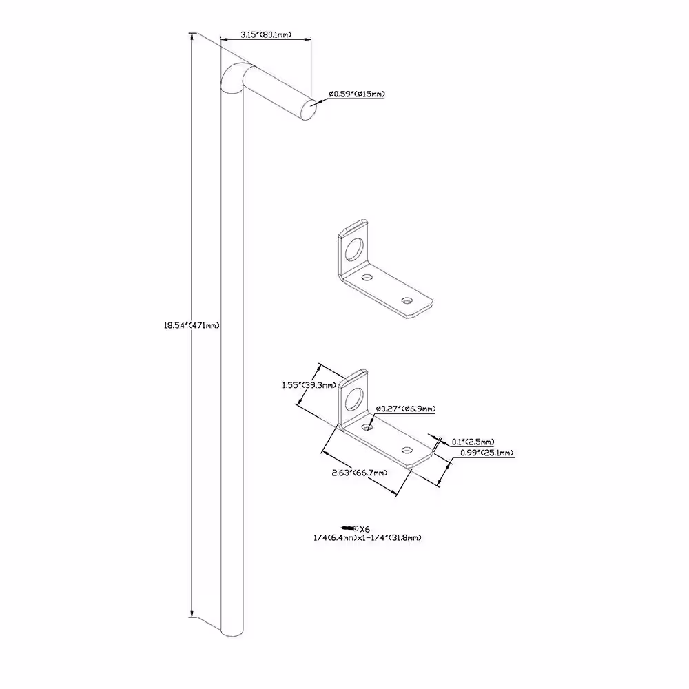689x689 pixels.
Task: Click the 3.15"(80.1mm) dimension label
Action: pyautogui.click(x=266, y=34)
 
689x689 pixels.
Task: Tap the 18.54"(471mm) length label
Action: pyautogui.click(x=192, y=326)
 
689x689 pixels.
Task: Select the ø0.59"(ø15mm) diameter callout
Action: pyautogui.click(x=357, y=94)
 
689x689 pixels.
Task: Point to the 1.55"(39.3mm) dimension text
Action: pyautogui.click(x=309, y=385)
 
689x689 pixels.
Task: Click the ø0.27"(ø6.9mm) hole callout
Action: pyautogui.click(x=406, y=409)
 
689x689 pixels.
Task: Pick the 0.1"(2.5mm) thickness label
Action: pyautogui.click(x=473, y=442)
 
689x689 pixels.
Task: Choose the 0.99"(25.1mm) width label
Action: pyautogui.click(x=487, y=453)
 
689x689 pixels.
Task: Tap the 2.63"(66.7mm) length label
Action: pyautogui.click(x=360, y=473)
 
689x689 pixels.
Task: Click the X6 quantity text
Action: pyautogui.click(x=364, y=529)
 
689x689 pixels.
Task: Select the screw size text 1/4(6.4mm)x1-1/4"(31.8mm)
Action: pyautogui.click(x=367, y=537)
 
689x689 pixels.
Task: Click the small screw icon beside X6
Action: pyautogui.click(x=350, y=528)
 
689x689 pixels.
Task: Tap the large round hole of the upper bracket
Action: pyautogui.click(x=354, y=249)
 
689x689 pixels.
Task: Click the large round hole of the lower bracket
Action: pyautogui.click(x=354, y=399)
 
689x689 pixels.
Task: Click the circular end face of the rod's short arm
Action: pyautogui.click(x=309, y=110)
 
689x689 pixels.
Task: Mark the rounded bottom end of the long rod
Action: pyautogui.click(x=232, y=632)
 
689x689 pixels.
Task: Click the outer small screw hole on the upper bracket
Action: pyautogui.click(x=407, y=300)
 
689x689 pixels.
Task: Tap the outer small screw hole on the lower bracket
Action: pyautogui.click(x=407, y=451)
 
